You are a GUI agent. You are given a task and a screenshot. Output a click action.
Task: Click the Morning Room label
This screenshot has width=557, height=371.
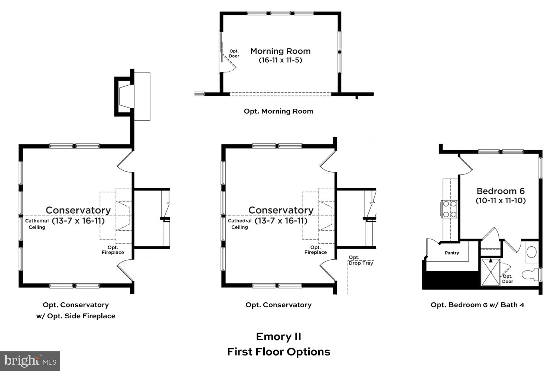(280, 51)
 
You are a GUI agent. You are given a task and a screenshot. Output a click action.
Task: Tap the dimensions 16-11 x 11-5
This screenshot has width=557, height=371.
(280, 60)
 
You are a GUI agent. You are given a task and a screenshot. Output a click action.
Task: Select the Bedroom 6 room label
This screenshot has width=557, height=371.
(501, 191)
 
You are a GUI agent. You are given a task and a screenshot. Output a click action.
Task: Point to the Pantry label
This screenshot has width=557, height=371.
(452, 253)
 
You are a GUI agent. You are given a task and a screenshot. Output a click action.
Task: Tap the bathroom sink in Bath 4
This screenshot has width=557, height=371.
(532, 252)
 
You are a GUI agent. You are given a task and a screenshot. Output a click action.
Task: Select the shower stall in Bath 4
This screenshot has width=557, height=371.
(491, 272)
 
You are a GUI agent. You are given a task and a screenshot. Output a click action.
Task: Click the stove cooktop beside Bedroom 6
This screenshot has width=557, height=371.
(449, 209)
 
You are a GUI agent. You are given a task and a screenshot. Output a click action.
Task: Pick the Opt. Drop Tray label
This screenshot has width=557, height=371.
(360, 260)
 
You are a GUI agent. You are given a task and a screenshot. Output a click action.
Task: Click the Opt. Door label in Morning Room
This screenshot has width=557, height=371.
(234, 54)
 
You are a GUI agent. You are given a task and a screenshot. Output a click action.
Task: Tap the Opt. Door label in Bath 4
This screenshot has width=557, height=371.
(508, 279)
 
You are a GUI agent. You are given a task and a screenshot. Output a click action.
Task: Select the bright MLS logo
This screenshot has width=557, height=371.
(30, 361)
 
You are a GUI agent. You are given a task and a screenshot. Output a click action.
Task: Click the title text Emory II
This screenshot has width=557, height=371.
(278, 336)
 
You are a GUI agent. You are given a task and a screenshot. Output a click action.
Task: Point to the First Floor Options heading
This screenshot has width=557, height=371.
(278, 352)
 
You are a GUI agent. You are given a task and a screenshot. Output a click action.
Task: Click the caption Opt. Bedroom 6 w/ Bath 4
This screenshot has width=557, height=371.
(477, 305)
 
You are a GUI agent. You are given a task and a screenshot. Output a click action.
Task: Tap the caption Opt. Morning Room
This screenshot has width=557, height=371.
(278, 111)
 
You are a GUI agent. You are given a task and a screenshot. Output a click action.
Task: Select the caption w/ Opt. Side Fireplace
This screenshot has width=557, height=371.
(76, 316)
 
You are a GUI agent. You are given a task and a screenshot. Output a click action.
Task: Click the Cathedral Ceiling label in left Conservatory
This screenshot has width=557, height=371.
(37, 224)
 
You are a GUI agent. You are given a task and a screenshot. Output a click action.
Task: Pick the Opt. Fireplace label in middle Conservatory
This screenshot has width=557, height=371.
(316, 250)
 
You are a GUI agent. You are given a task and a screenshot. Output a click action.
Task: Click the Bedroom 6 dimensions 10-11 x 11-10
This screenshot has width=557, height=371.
(501, 201)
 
